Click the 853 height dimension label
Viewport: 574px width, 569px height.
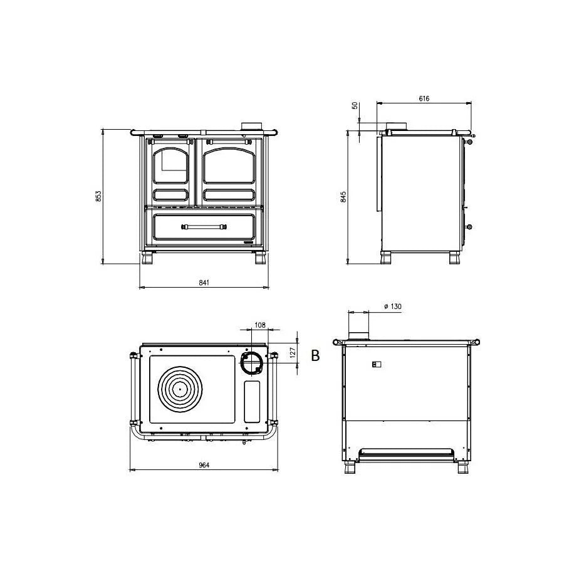tap(98, 197)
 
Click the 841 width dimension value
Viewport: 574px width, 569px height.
tap(204, 282)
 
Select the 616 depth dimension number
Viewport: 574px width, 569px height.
tap(424, 98)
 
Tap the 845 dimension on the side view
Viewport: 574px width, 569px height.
tap(343, 197)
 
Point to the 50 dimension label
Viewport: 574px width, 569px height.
tap(354, 105)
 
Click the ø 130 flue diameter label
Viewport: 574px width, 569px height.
tap(392, 306)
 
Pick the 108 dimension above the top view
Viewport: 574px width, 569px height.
tap(260, 325)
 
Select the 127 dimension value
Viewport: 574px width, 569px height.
tap(293, 353)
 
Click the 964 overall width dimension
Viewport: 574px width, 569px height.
tap(204, 465)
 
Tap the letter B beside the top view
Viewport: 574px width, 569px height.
tap(315, 355)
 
